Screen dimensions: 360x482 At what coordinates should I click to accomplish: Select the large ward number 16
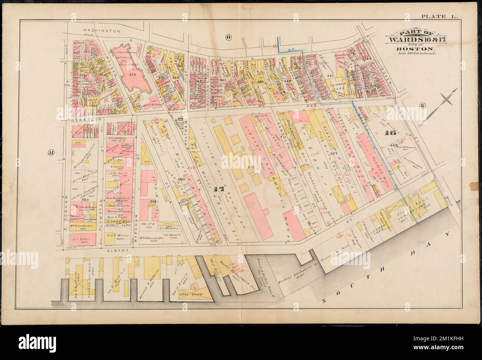point(392,133)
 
